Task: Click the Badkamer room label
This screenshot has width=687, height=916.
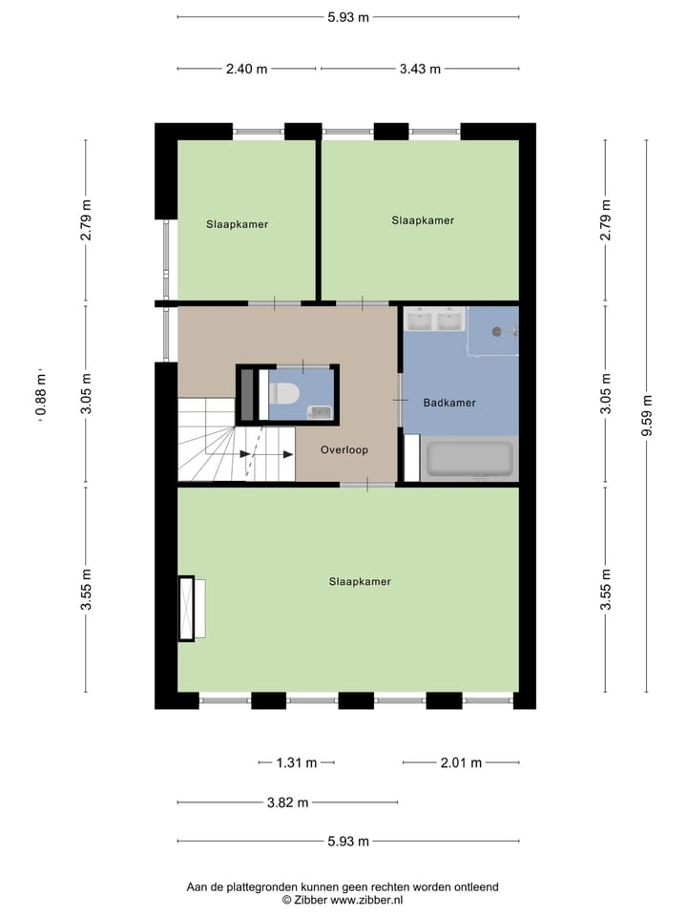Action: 449,403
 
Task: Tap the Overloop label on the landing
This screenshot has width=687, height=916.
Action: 344,449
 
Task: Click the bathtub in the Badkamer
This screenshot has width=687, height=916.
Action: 469,459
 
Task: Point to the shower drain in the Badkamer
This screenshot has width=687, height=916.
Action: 496,332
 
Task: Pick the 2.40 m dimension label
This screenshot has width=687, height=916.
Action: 247,69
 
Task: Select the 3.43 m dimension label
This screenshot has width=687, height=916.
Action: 420,69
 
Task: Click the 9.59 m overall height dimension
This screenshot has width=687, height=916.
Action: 648,416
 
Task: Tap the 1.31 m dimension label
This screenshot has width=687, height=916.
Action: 296,762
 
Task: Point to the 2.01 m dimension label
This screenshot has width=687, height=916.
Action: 461,762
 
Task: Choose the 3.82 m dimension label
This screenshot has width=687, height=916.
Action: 287,802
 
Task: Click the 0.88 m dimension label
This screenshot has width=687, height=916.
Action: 40,395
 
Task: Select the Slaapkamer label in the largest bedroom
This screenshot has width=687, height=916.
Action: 360,581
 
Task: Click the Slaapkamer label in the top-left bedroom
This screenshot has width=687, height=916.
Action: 237,225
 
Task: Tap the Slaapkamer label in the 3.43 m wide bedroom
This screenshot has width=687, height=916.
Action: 423,220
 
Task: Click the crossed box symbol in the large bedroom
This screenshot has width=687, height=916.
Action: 186,609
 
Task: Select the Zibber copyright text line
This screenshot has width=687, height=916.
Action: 343,899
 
